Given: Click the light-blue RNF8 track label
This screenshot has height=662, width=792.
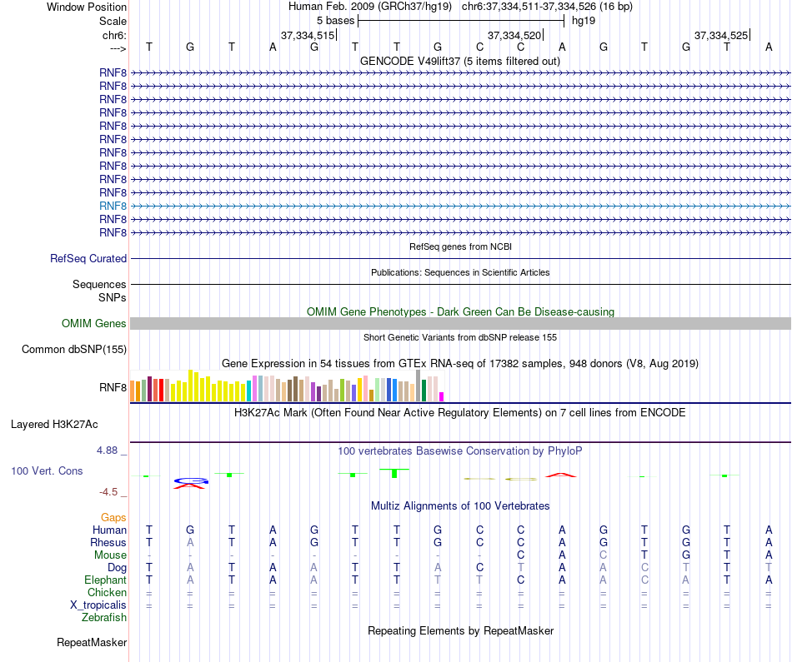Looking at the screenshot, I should (113, 206).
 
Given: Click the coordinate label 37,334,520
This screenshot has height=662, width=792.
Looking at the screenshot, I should (514, 35).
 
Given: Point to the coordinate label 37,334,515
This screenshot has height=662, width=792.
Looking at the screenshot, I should (308, 35).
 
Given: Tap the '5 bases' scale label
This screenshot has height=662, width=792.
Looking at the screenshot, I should (335, 21).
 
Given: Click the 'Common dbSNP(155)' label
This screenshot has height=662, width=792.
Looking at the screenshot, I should (74, 349).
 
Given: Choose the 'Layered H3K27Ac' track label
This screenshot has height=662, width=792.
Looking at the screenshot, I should (54, 424).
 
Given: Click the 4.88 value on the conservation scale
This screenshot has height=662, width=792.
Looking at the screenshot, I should (109, 450).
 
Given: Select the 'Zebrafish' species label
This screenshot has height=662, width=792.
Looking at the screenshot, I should (104, 618).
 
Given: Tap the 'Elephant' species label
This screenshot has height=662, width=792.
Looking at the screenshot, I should (105, 580).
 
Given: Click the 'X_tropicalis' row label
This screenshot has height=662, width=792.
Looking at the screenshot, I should (97, 605).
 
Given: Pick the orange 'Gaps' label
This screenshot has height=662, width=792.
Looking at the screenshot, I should (113, 518).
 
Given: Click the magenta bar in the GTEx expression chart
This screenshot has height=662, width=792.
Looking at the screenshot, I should (442, 396).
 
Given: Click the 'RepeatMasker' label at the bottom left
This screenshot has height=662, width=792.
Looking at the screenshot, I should (92, 643).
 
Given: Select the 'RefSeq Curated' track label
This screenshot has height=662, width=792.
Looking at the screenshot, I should (88, 259).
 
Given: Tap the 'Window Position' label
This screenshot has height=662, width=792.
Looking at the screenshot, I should (87, 7).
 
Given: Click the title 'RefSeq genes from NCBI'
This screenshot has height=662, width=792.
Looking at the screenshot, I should (460, 246).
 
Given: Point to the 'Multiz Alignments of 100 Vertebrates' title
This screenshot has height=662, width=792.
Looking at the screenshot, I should (460, 505).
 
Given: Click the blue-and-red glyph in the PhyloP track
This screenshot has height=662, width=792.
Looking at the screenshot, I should (191, 483).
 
